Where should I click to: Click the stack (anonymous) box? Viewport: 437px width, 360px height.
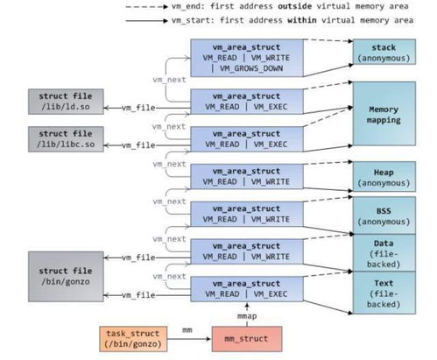pyautogui.click(x=384, y=52)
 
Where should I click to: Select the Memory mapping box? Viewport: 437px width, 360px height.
pyautogui.click(x=384, y=113)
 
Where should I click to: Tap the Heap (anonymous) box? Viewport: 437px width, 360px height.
pyautogui.click(x=384, y=178)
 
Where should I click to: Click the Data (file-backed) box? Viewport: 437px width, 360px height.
pyautogui.click(x=384, y=252)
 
